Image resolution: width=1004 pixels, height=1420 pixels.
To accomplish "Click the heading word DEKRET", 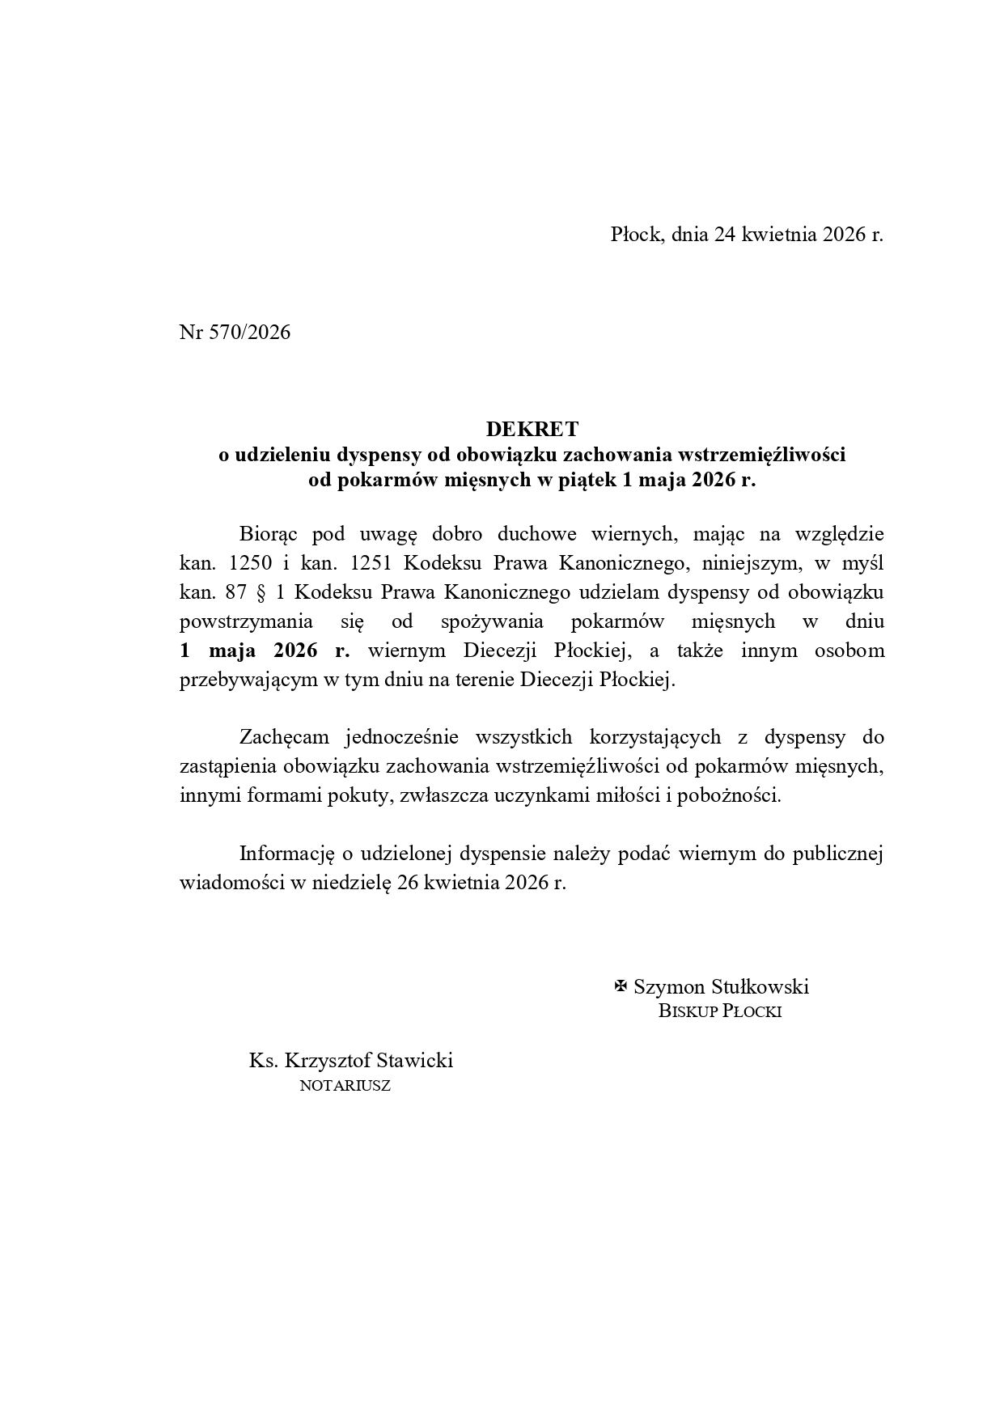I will [532, 428].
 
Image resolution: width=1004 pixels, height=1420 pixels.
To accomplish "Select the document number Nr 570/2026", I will [235, 333].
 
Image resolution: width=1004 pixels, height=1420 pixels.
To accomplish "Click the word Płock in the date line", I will [637, 235].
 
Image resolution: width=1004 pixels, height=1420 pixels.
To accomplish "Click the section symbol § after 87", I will [261, 592].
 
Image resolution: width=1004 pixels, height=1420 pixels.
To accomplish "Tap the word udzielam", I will [620, 592].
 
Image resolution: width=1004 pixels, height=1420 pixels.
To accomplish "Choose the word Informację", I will [287, 854].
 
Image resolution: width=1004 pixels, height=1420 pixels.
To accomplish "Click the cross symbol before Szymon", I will [621, 986].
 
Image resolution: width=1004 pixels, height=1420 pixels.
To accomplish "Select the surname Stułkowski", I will [760, 986].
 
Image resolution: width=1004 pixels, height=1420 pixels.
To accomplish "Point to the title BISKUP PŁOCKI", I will [719, 1011].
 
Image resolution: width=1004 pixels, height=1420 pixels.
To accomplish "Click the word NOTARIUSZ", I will [345, 1086].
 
